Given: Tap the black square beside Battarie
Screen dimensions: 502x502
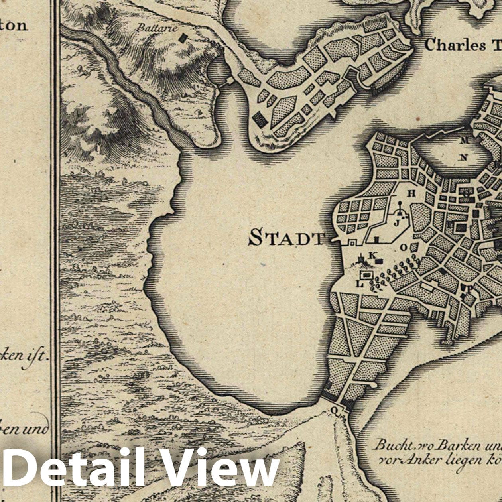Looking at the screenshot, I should coord(183,38).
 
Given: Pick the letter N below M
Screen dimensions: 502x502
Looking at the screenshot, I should coord(463,157).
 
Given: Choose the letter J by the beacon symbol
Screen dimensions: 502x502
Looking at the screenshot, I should coord(396,223).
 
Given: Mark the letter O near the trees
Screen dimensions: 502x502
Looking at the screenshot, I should coord(403,247).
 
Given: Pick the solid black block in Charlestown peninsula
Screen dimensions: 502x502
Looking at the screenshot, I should coord(260,119).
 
